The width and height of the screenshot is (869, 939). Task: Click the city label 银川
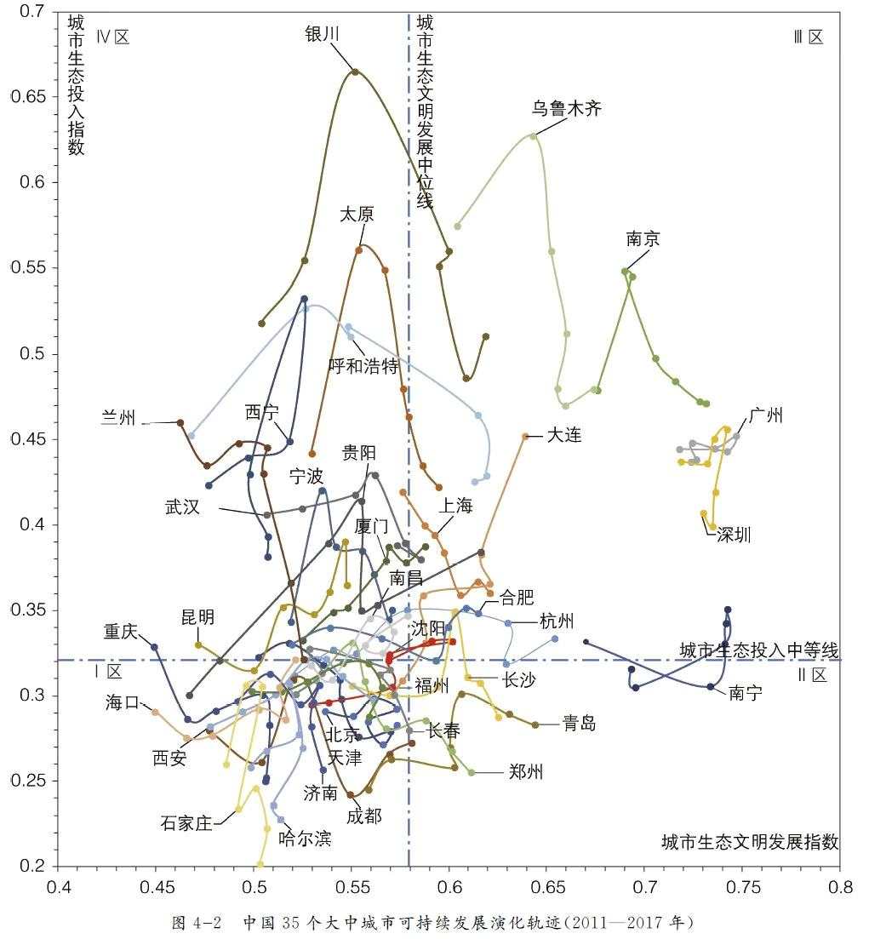coord(323,33)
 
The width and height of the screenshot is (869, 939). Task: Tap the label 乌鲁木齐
coord(566,109)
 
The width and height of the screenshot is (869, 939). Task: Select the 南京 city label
coord(643,240)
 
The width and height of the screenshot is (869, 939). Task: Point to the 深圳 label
coord(734,535)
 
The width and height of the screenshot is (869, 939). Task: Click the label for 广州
coord(766,415)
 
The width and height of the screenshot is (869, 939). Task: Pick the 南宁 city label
coord(746,693)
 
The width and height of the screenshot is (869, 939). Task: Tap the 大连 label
coord(564,435)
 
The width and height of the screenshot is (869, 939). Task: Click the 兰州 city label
coord(119,420)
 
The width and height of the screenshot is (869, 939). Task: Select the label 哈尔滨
coord(305,839)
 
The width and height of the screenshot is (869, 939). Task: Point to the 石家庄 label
coord(186,823)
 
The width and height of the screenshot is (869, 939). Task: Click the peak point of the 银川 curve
coord(355,72)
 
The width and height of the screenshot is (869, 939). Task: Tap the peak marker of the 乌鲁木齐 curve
coord(534,136)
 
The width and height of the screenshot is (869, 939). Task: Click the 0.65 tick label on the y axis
coord(28,97)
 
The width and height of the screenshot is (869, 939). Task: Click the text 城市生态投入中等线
coord(759,650)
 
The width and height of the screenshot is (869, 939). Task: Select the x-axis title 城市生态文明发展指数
coord(750,842)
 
